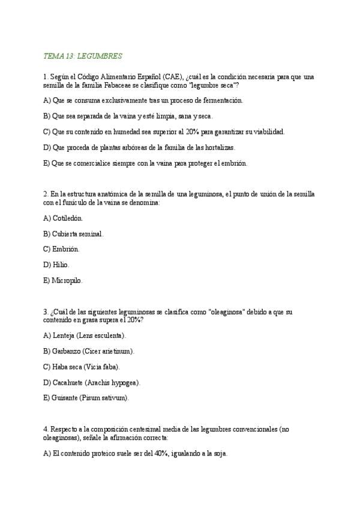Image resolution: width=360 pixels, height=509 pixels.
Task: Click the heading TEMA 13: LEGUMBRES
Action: pyautogui.click(x=83, y=56)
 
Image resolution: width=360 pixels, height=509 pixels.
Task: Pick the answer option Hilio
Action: pyautogui.click(x=61, y=264)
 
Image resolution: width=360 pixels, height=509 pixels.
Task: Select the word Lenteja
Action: pyautogui.click(x=65, y=335)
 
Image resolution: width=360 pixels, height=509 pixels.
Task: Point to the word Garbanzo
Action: pyautogui.click(x=68, y=351)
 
